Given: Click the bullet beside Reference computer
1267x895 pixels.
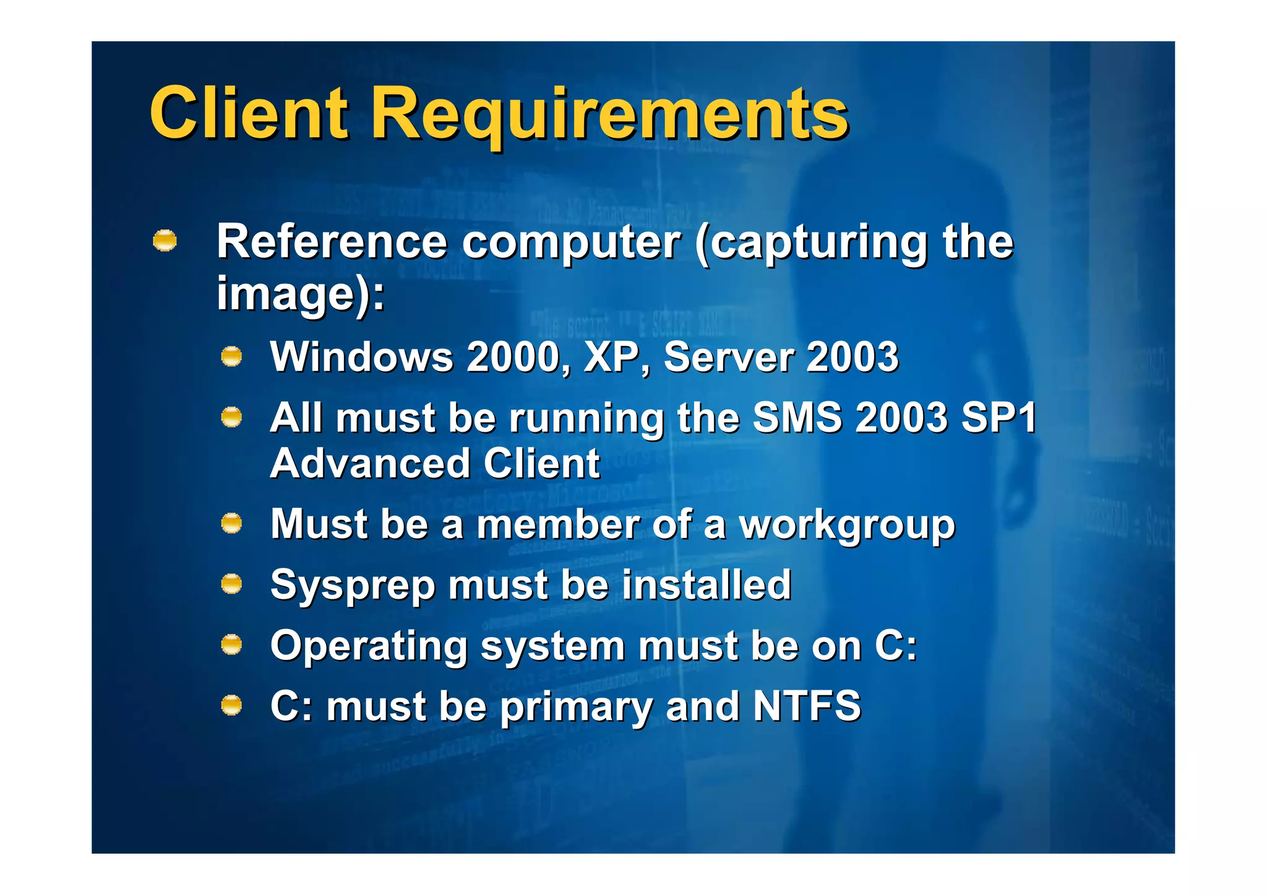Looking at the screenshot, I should click(165, 241).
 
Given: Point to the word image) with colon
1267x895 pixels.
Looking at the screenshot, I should click(300, 293).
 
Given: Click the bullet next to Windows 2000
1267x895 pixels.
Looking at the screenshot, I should click(231, 357).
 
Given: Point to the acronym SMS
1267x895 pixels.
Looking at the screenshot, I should click(797, 418).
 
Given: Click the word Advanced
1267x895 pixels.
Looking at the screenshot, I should click(371, 463).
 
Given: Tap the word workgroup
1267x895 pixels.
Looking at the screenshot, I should click(848, 526).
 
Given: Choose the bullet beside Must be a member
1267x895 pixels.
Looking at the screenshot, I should click(231, 524).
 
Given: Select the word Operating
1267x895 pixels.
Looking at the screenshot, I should click(369, 646).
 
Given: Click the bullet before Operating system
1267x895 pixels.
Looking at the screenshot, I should click(231, 645).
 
